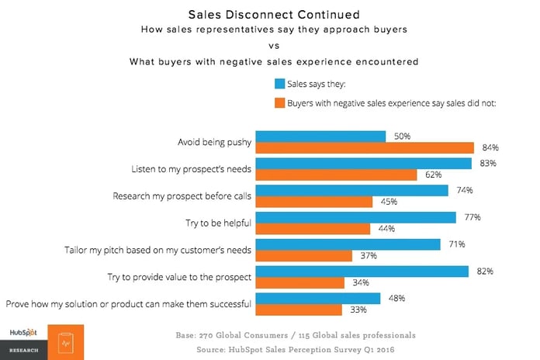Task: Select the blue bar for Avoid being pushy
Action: point(320,137)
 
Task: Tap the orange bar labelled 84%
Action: point(365,148)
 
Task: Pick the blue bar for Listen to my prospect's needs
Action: point(363,164)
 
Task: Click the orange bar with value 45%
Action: point(315,202)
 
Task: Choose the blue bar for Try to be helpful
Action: point(355,217)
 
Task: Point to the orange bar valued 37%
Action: point(304,256)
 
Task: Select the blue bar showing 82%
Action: point(362,271)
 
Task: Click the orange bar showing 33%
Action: point(299,310)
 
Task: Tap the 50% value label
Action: point(401,137)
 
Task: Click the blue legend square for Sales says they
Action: point(279,83)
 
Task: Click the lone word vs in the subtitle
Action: point(270,45)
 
